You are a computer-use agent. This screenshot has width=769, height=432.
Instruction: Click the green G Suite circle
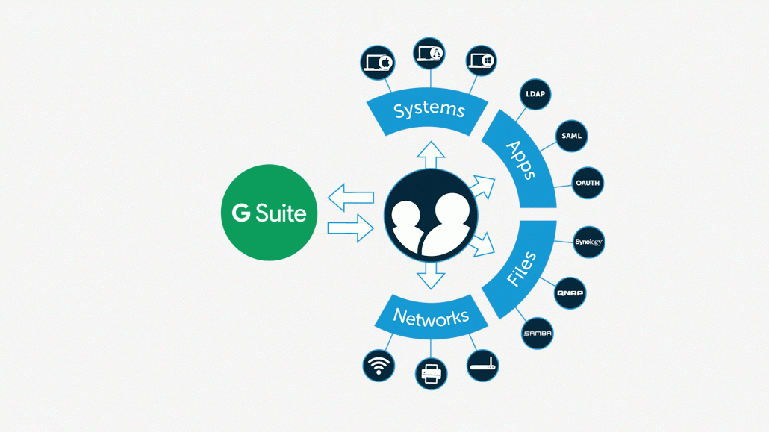tap(269, 213)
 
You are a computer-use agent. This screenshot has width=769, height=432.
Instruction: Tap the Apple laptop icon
tap(378, 63)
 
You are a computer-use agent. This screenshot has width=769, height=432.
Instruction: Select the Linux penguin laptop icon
tap(429, 54)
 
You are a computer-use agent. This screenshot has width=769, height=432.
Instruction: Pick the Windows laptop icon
tap(481, 61)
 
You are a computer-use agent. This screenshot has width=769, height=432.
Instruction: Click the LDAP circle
tap(535, 95)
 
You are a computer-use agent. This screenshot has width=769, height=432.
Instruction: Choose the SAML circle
tap(571, 136)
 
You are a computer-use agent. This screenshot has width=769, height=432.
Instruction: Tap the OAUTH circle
tap(588, 183)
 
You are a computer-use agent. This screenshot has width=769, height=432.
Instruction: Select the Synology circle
tap(588, 242)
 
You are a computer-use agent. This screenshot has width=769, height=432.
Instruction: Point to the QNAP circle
tap(570, 293)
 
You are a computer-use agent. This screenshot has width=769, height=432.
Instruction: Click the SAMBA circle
tap(538, 334)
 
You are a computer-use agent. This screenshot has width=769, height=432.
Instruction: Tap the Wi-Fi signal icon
tap(379, 366)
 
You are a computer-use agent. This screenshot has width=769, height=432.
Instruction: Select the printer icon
tap(431, 373)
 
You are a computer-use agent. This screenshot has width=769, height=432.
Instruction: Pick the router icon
tap(482, 366)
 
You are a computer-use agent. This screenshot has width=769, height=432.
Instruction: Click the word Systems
tap(429, 110)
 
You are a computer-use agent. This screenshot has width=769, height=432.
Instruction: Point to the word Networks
tap(431, 318)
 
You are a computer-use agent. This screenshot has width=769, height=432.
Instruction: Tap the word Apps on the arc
tap(521, 159)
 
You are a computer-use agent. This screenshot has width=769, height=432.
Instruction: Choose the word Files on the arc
tap(521, 269)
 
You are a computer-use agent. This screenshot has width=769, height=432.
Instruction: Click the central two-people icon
tap(431, 216)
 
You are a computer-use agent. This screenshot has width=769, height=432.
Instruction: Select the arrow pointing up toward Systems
tap(431, 155)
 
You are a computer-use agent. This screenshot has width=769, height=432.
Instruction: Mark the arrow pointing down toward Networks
tap(431, 276)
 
